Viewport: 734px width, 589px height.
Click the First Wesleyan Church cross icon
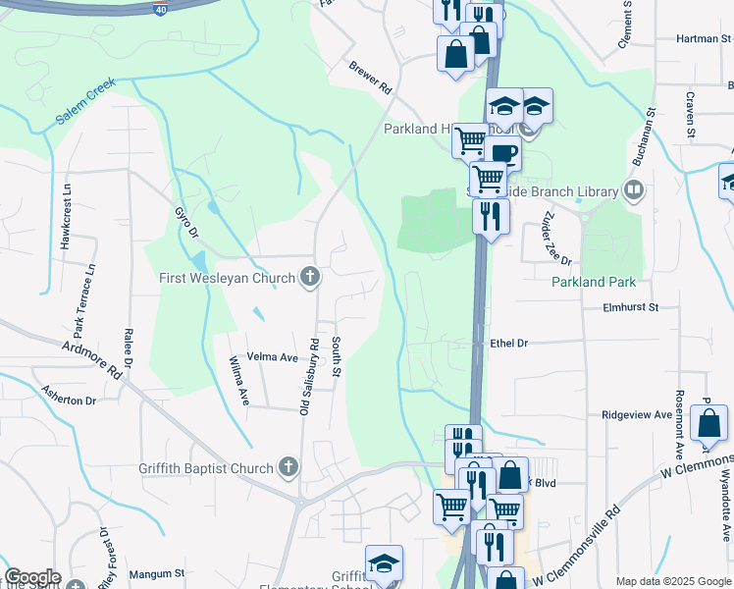(x=310, y=278)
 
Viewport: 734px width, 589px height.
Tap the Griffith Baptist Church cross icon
(x=288, y=467)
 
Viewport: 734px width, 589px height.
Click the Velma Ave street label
(x=272, y=357)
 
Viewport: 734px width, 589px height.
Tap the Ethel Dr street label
(x=508, y=344)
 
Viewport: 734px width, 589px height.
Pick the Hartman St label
(x=704, y=39)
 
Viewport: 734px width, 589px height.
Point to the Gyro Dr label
(x=185, y=222)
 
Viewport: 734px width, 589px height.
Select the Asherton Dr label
(x=68, y=401)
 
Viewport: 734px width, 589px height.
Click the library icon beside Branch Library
(x=634, y=189)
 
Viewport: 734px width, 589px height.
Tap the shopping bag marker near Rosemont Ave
(x=708, y=424)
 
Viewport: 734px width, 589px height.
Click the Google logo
(x=32, y=577)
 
